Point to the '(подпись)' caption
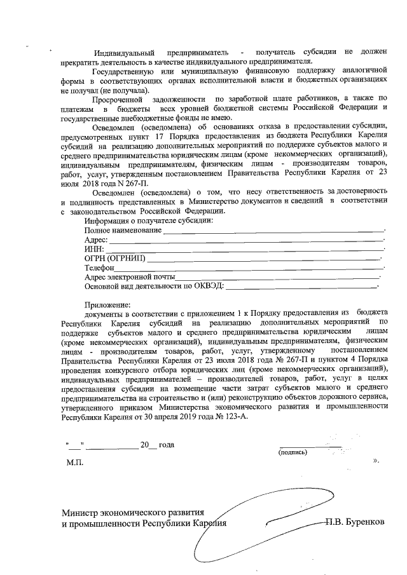(x=293, y=452)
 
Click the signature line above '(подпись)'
(x=310, y=446)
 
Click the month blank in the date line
(x=111, y=445)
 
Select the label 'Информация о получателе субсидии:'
(x=149, y=221)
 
